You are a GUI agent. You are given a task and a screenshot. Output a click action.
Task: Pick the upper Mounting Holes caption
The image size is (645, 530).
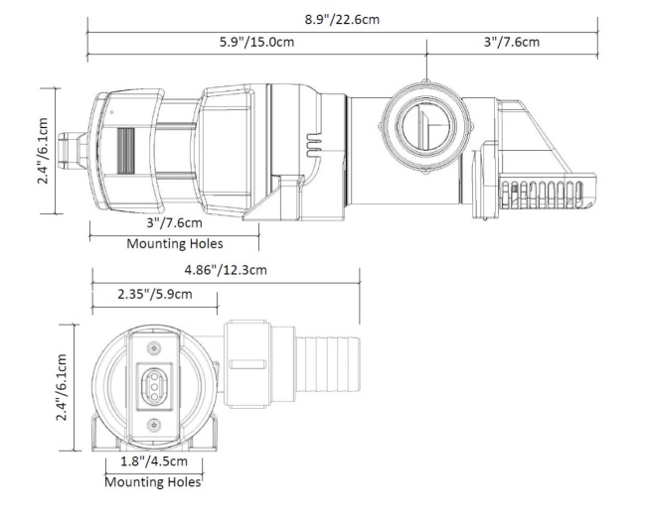[175, 243]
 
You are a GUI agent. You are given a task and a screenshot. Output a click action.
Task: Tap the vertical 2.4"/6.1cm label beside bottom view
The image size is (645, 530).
[63, 387]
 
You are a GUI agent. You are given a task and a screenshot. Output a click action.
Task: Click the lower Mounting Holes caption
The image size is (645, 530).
[153, 482]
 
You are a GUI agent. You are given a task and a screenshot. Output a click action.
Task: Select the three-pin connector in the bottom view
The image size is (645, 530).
[154, 386]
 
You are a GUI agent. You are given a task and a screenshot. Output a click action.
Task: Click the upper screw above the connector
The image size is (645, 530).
[154, 347]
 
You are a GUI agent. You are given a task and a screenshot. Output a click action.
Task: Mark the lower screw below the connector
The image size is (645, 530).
[154, 425]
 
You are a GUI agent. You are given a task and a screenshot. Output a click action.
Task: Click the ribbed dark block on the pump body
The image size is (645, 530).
[124, 154]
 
